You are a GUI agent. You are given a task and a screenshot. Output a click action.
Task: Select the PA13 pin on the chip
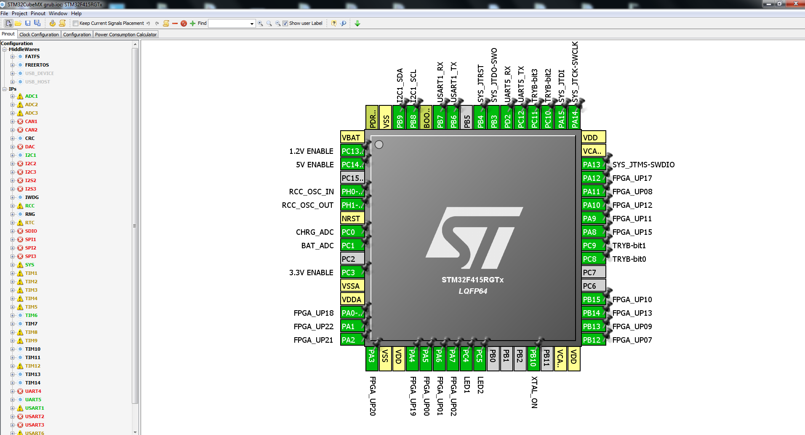[x=593, y=164]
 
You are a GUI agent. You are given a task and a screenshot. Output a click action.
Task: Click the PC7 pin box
[x=593, y=272]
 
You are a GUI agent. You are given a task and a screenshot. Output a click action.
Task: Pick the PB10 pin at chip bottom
[x=533, y=358]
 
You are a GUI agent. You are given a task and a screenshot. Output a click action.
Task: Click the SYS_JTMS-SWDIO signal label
[x=643, y=164]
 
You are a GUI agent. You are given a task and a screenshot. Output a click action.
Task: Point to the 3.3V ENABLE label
[x=311, y=272]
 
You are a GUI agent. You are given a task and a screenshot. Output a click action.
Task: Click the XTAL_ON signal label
[x=534, y=392]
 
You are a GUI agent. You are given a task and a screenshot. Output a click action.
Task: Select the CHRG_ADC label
[x=315, y=232]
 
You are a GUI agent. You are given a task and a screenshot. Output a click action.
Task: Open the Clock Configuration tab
[x=39, y=35]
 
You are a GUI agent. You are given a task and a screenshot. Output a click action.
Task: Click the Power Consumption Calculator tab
[x=125, y=35]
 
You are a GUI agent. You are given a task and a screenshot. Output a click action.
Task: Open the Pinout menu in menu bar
[x=38, y=13]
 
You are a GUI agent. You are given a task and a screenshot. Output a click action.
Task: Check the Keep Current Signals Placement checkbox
[x=76, y=24]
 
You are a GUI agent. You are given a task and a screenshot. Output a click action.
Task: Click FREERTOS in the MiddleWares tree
[x=37, y=65]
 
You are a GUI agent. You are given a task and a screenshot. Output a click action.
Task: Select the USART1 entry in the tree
[x=34, y=408]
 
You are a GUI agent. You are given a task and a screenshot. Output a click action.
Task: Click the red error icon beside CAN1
[x=20, y=121]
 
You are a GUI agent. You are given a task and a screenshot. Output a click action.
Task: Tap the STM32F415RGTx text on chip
[x=472, y=280]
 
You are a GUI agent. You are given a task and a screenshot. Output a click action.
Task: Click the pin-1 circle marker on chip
[x=379, y=145]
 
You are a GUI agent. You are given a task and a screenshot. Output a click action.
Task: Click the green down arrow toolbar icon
[x=357, y=24]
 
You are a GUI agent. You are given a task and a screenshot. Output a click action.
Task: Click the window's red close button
[x=795, y=4]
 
